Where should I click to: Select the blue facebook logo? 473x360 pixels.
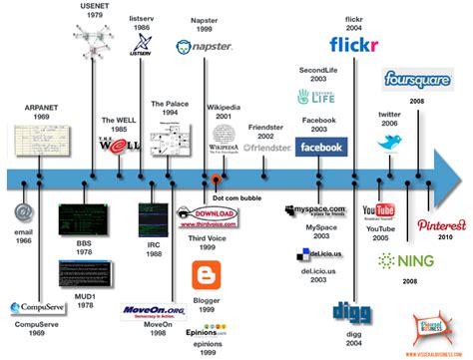click(321, 147)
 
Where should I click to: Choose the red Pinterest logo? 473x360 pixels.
click(441, 225)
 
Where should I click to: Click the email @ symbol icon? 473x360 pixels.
click(25, 212)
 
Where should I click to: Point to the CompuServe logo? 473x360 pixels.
click(36, 308)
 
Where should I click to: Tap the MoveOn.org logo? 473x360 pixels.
click(148, 310)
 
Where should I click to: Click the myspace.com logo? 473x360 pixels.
click(317, 210)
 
